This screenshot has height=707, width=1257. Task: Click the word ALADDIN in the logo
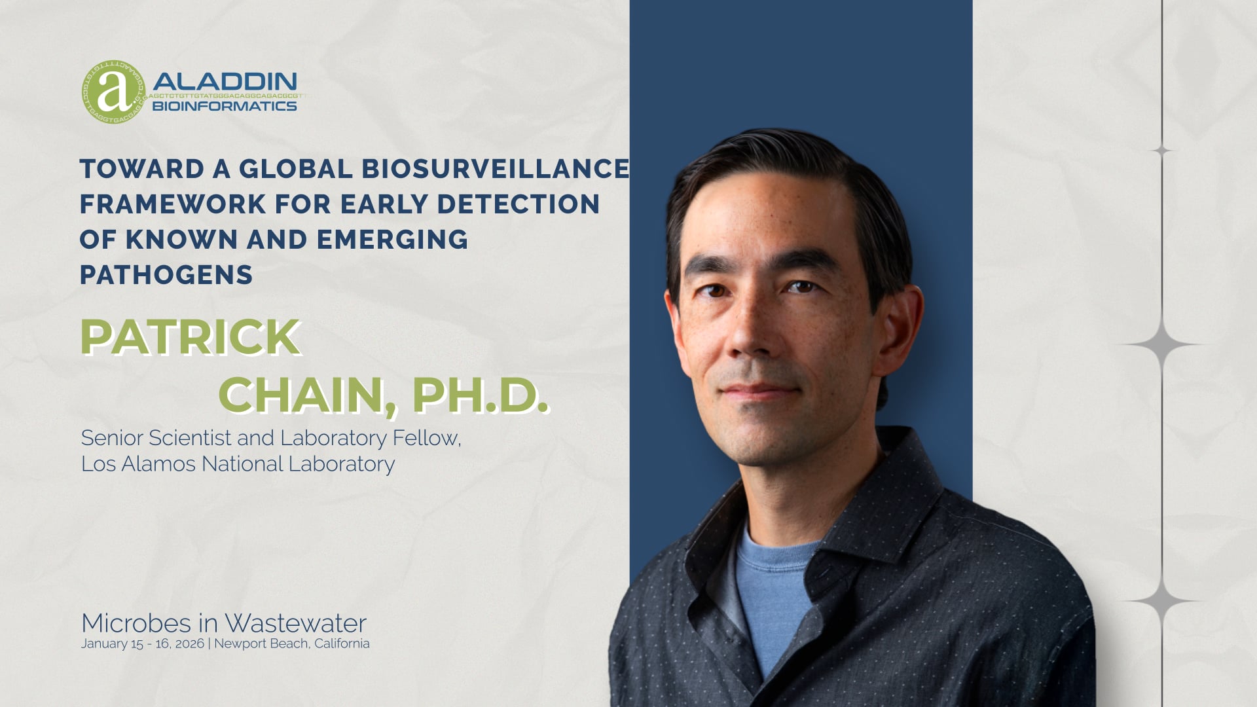(225, 82)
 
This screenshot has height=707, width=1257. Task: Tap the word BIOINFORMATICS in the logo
(225, 106)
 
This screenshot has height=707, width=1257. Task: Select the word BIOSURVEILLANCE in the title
(496, 169)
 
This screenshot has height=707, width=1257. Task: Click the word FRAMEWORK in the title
(172, 204)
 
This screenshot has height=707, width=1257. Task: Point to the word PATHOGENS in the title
(166, 275)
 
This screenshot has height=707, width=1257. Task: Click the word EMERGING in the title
(392, 240)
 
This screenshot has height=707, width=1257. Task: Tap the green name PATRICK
(190, 337)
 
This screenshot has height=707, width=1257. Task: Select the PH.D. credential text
(480, 395)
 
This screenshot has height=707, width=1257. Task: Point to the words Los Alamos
(138, 463)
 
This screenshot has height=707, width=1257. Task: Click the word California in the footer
(342, 644)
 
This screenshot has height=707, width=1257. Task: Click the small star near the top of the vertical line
(1162, 151)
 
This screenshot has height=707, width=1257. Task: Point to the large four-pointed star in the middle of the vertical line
(1162, 344)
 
